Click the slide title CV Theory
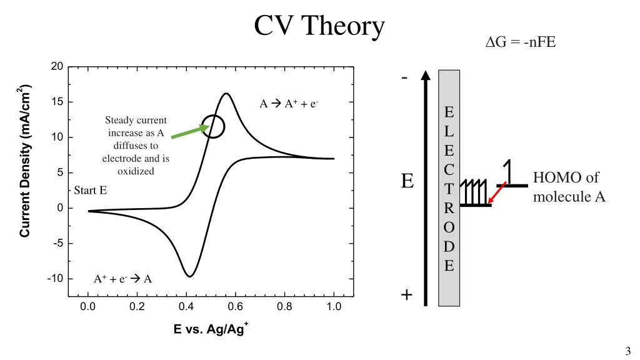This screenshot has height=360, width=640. (x=319, y=26)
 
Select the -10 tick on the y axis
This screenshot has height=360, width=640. (x=55, y=279)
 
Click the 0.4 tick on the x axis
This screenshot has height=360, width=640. (x=186, y=307)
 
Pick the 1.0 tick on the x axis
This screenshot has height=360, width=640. (x=334, y=307)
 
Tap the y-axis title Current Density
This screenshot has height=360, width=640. (x=26, y=161)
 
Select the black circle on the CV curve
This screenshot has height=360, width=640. (x=213, y=126)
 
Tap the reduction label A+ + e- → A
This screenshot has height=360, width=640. (x=122, y=279)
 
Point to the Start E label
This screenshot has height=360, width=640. (x=91, y=190)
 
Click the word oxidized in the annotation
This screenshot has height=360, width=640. (x=136, y=171)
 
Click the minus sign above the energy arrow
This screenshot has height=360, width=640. (x=405, y=78)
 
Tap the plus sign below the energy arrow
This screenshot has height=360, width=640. (x=406, y=295)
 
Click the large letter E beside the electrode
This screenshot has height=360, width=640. (x=407, y=181)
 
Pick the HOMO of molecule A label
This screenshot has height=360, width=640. (x=569, y=187)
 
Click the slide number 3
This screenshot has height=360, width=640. (x=627, y=351)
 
